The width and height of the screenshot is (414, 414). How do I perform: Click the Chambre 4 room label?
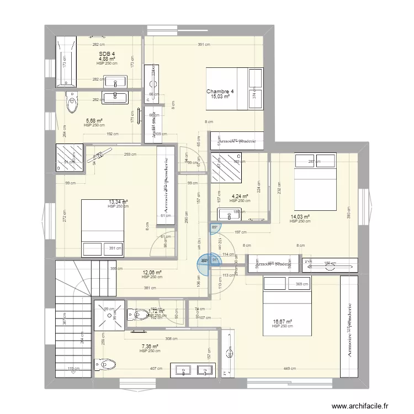click(220, 92)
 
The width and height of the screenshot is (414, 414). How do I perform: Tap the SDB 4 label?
click(107, 54)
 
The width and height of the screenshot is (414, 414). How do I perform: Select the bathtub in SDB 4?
click(66, 61)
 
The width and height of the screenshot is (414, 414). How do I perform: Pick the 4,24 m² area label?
click(240, 196)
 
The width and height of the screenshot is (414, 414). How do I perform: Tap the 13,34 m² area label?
click(118, 202)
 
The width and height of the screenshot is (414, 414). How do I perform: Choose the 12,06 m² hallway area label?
click(152, 272)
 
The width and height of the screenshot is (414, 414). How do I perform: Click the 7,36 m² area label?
click(149, 347)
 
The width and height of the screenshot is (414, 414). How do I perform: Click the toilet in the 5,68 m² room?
click(72, 102)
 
